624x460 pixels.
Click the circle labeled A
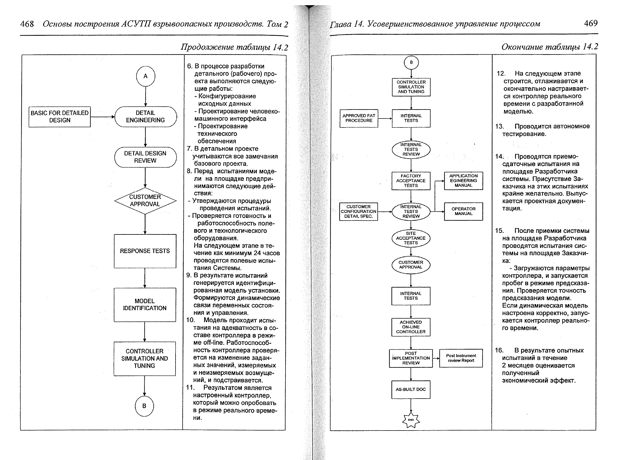[145, 76]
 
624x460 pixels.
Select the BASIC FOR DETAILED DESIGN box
[60, 117]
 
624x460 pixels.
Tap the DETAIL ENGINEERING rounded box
[145, 117]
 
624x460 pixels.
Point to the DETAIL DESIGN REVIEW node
[145, 157]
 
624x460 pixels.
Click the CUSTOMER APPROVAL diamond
[145, 200]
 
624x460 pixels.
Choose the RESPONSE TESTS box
[145, 251]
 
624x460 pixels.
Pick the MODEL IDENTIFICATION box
[144, 305]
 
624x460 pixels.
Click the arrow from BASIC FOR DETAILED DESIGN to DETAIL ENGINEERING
[102, 117]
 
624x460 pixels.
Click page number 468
[27, 24]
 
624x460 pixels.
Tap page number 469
[591, 23]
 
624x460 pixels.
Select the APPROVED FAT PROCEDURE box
[359, 118]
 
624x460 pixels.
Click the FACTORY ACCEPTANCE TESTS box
[411, 181]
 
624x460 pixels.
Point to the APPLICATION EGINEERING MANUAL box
[463, 181]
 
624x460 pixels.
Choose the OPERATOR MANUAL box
[463, 211]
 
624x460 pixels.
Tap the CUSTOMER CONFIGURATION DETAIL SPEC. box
[358, 212]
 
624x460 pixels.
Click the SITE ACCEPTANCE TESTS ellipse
[411, 238]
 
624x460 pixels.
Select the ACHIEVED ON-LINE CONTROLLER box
[411, 327]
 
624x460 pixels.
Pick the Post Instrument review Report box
[461, 358]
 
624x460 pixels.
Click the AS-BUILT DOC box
[411, 389]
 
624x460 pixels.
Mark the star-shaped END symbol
[411, 420]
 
